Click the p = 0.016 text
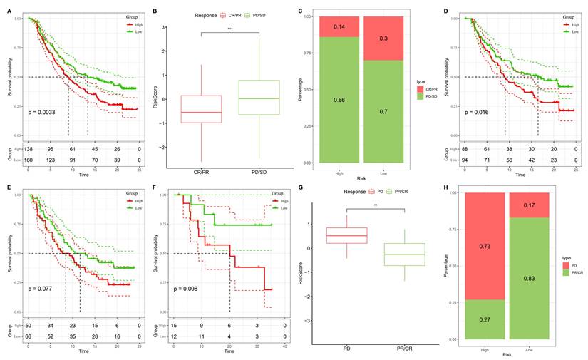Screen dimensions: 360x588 (x=478, y=112)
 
